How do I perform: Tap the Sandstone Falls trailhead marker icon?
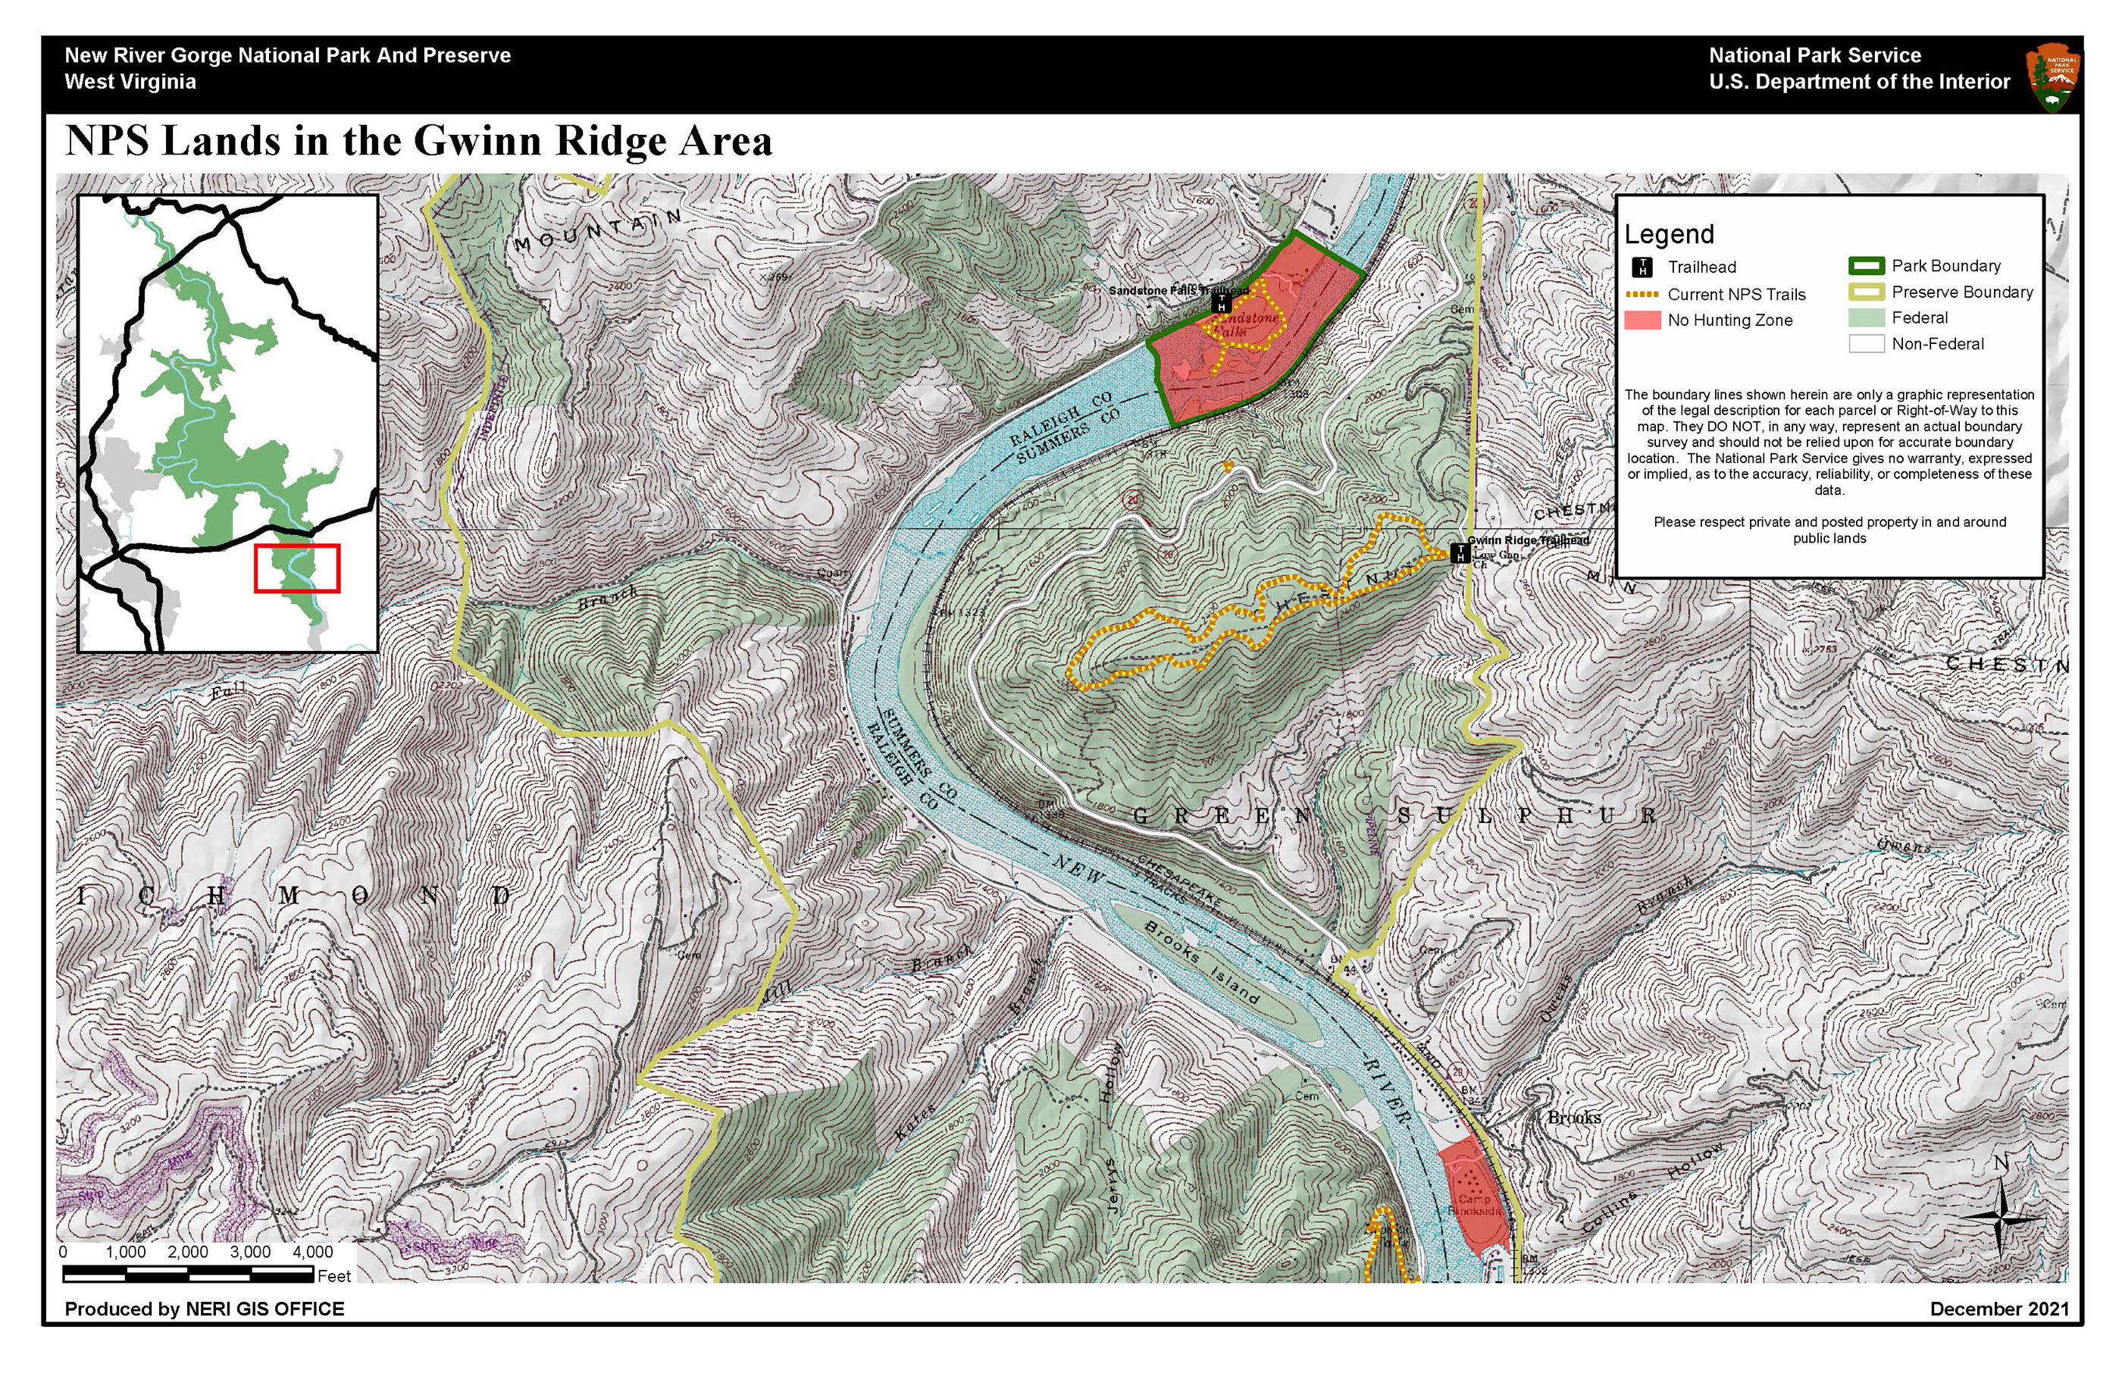coord(1222,303)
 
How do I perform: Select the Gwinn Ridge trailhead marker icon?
coord(1460,554)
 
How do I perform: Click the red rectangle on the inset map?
coord(297,568)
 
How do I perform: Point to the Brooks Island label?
coord(1202,964)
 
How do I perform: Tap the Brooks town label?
coord(1573,1118)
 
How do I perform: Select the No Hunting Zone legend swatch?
coord(1642,320)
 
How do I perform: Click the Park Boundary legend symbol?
coord(1865,266)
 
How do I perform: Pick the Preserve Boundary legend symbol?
coord(1865,292)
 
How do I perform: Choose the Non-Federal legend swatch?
coord(1865,344)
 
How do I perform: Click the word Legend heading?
coord(1669,234)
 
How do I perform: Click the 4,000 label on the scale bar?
coord(312,1253)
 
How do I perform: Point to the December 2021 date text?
coord(1999,1309)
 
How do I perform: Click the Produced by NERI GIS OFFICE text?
coord(204,1309)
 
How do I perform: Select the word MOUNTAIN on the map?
coord(597,229)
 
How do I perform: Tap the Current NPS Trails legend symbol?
coord(1642,294)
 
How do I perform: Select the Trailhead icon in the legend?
coord(1642,267)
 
